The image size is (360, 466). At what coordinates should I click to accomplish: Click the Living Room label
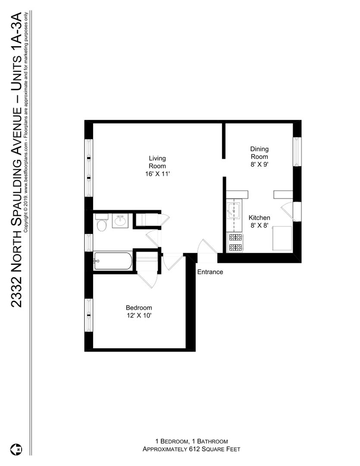pos(157,162)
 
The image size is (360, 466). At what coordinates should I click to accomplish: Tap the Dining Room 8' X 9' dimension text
pos(259,164)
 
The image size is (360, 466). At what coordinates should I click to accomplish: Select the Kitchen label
pos(259,217)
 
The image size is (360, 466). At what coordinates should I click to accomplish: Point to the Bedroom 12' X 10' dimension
pos(139,315)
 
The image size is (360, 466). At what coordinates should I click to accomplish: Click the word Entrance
pos(210,272)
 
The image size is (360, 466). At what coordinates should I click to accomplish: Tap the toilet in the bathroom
pos(101,223)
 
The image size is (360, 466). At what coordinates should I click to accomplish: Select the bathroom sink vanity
pos(120,220)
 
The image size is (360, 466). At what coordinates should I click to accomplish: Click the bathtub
pos(113,261)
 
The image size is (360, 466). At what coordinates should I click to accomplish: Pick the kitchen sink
pos(234,210)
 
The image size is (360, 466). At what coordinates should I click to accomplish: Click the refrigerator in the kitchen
pos(282,238)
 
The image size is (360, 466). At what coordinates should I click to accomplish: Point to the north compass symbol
pos(16,449)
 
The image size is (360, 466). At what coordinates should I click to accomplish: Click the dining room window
pos(297,151)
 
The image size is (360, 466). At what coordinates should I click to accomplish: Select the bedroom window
pos(88,315)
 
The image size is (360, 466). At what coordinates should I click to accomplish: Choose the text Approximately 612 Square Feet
pos(191,449)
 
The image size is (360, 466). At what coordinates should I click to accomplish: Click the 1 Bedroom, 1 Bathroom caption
pos(191,441)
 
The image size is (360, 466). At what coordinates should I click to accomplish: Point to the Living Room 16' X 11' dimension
pos(157,174)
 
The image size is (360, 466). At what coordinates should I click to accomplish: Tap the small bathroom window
pos(88,242)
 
